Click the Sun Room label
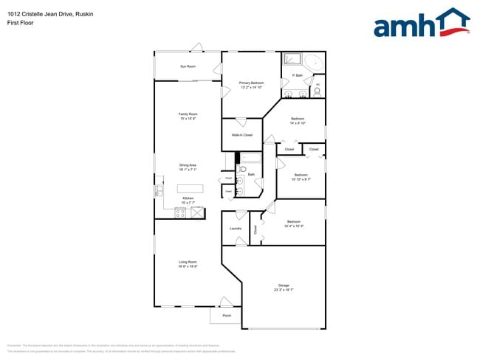click(188, 67)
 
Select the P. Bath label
click(298, 75)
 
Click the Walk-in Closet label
click(242, 135)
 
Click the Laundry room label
click(236, 229)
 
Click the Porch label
click(227, 316)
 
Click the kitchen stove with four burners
click(180, 212)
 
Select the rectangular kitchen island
click(190, 188)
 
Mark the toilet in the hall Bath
click(241, 170)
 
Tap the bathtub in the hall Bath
click(250, 157)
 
